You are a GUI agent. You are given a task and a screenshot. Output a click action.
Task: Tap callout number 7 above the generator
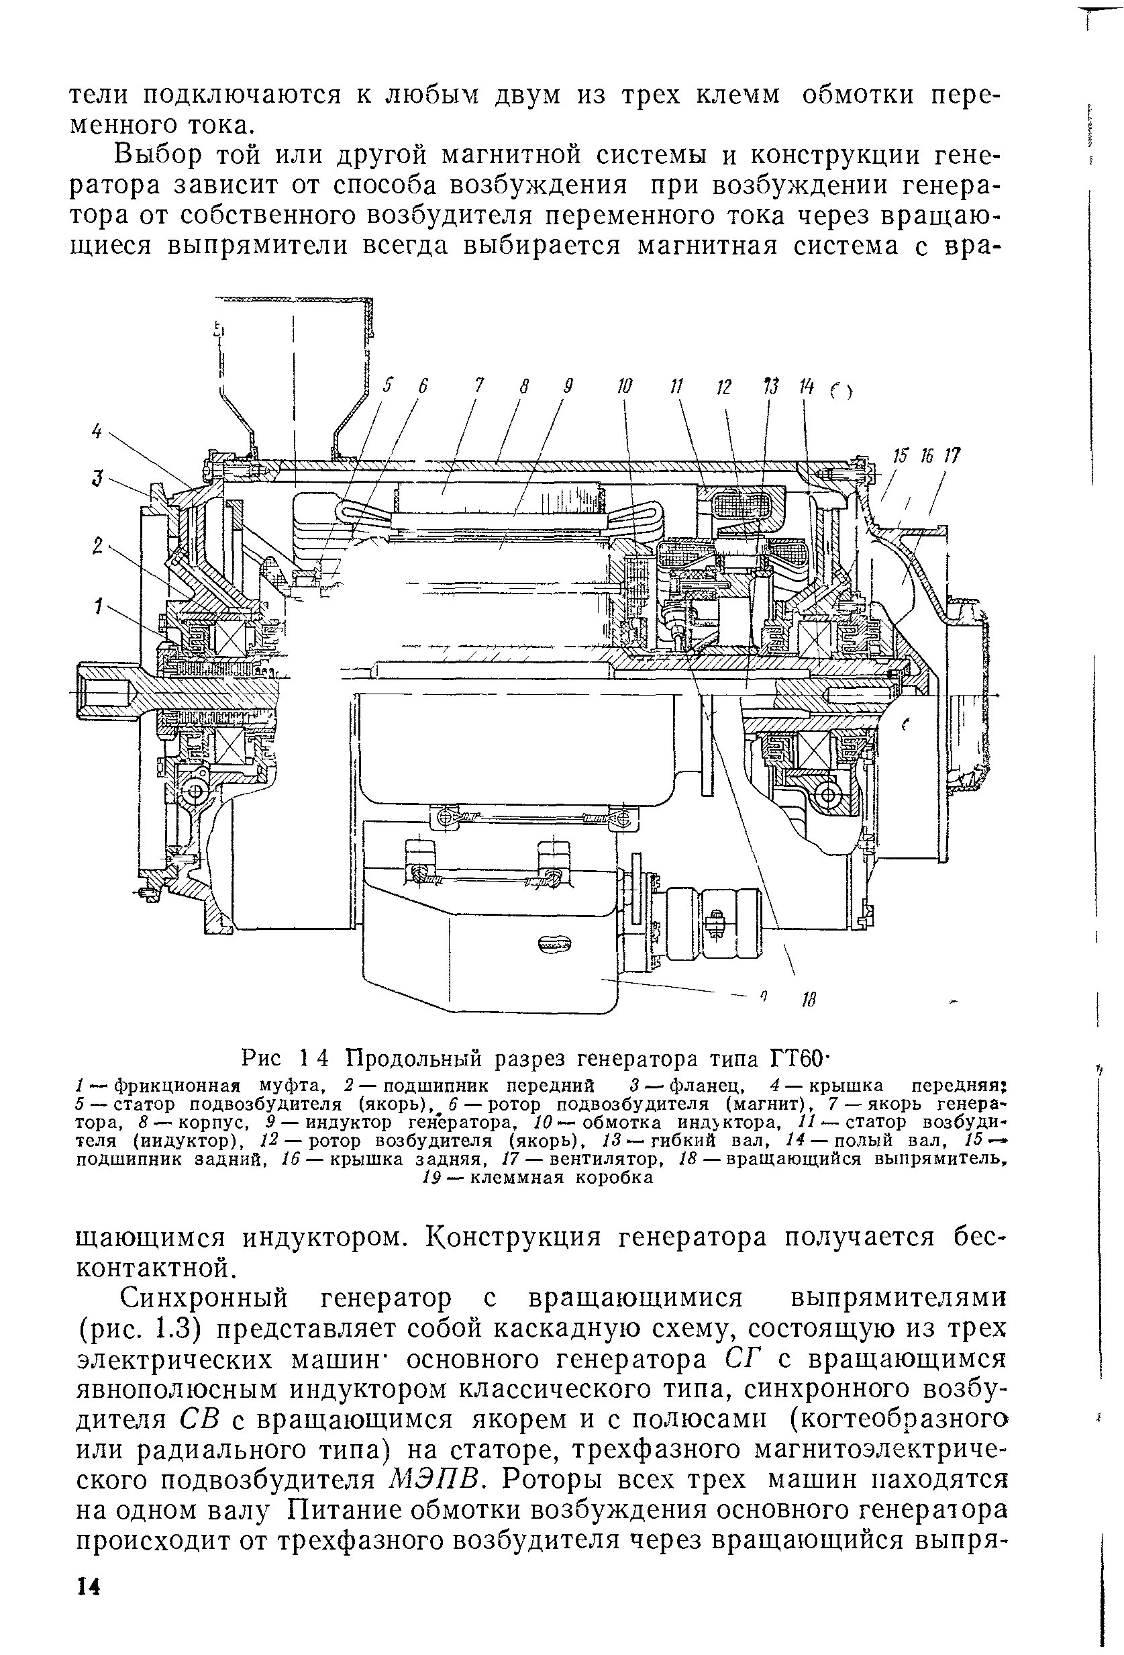(480, 385)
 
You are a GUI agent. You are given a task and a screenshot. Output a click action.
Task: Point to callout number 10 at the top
(624, 387)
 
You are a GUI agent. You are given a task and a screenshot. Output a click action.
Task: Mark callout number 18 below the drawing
(807, 1000)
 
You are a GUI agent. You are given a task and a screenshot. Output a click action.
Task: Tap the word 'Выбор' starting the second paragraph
(162, 154)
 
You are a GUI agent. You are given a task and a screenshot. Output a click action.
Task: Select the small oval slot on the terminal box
(554, 943)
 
